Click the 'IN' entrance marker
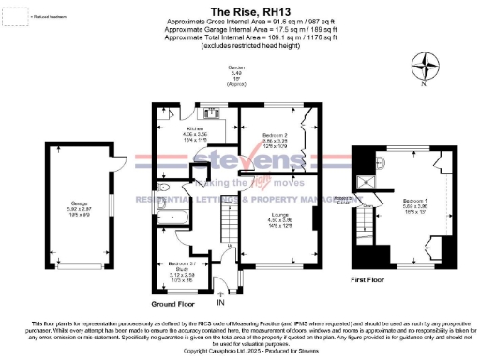221,303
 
